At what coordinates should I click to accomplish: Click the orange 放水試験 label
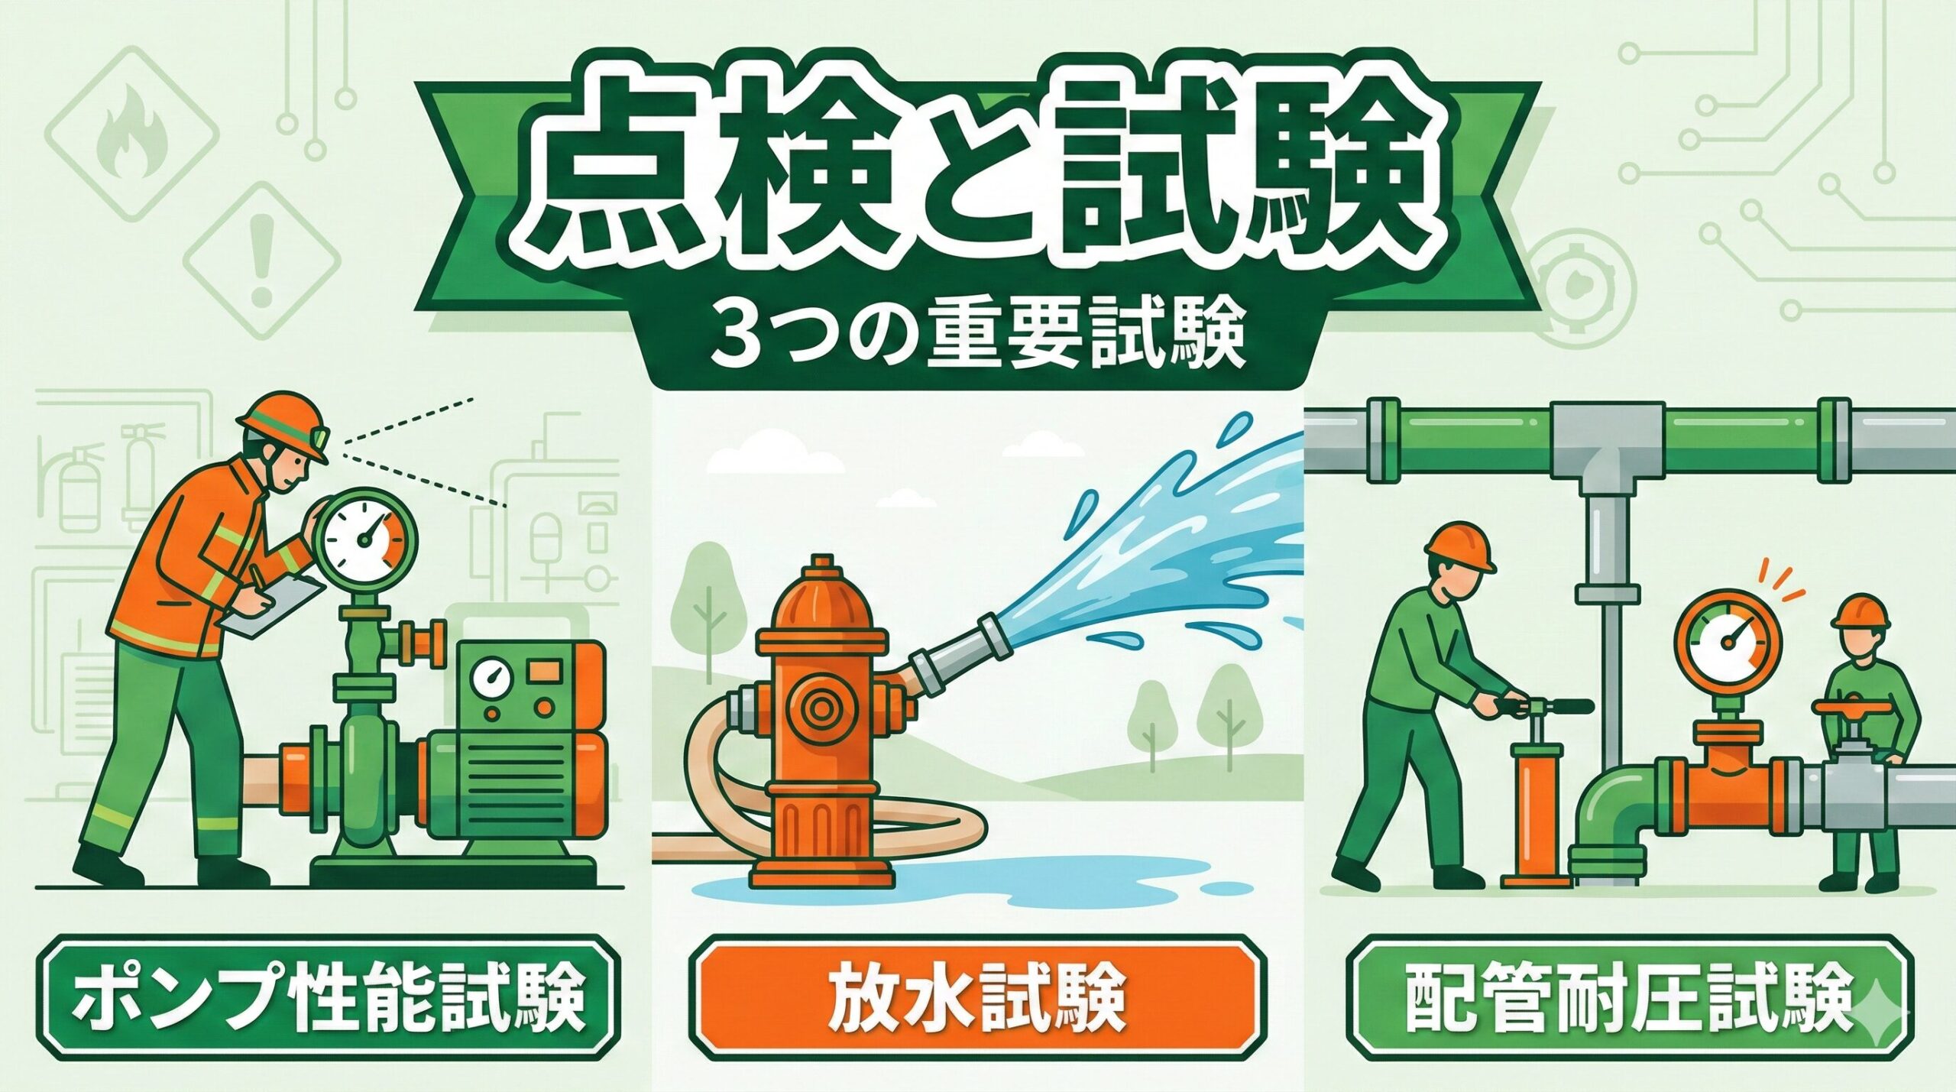pyautogui.click(x=976, y=997)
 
